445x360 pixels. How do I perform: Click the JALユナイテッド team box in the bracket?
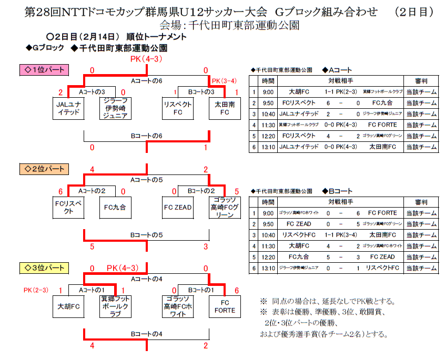[x=68, y=108]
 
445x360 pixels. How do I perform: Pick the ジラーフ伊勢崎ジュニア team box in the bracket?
[x=115, y=108]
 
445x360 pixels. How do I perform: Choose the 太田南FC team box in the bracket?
[x=225, y=108]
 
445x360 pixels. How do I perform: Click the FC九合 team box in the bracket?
[x=115, y=208]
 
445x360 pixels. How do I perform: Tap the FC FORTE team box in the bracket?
[x=225, y=307]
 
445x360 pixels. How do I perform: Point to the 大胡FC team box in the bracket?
[x=68, y=307]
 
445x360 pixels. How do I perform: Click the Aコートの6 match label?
[x=146, y=81]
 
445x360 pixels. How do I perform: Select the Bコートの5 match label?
[x=146, y=235]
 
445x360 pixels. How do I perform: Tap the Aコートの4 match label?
[x=146, y=279]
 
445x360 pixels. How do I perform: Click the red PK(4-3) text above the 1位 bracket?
[x=146, y=59]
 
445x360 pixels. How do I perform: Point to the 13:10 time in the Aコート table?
[x=268, y=147]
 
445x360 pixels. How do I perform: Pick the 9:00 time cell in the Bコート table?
[x=268, y=213]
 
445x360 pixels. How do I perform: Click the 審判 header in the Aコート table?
[x=421, y=81]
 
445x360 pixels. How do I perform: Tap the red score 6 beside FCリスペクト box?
[x=60, y=191]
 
